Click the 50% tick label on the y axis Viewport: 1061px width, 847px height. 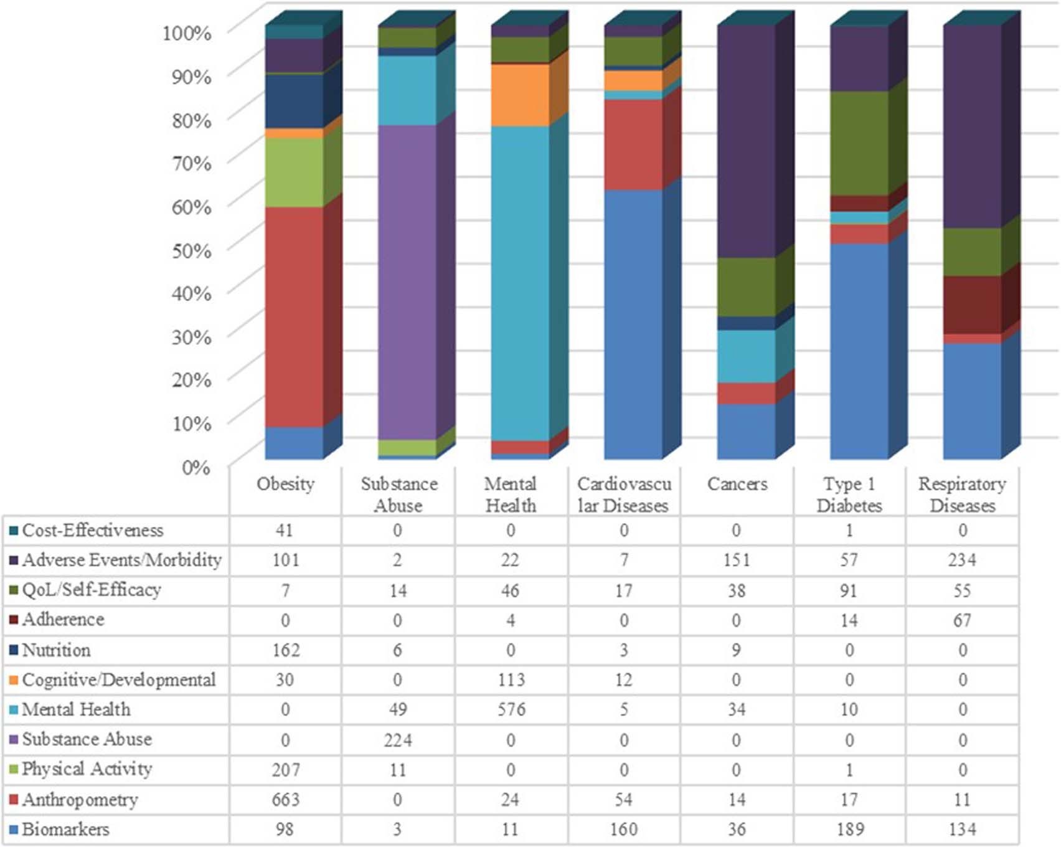tap(191, 250)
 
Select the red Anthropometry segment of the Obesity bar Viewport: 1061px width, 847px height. tap(294, 316)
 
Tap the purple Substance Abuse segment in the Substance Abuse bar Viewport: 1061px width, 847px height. tap(407, 282)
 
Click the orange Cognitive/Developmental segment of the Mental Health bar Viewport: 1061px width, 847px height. tap(520, 95)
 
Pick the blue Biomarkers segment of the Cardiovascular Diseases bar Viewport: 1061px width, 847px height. tap(633, 324)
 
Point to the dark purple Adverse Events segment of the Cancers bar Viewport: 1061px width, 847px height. tap(747, 141)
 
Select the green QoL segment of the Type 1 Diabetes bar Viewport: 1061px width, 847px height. tap(859, 143)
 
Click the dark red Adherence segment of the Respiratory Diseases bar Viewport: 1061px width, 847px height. tap(972, 305)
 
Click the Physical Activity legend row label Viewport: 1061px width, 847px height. tap(87, 769)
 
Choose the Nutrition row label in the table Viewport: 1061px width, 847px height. tap(56, 650)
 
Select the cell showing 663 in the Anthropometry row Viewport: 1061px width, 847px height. tap(285, 800)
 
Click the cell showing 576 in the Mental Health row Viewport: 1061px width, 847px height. tap(511, 710)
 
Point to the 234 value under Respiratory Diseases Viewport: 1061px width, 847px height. tap(962, 561)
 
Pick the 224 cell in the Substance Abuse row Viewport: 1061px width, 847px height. tap(398, 740)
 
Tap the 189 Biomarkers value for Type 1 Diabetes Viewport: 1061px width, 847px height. tap(849, 830)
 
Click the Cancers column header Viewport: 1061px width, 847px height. tap(737, 485)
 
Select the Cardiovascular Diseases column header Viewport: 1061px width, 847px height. tap(624, 494)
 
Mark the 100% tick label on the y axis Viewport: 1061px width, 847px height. tap(187, 32)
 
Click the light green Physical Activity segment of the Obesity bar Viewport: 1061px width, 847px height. tap(294, 173)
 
